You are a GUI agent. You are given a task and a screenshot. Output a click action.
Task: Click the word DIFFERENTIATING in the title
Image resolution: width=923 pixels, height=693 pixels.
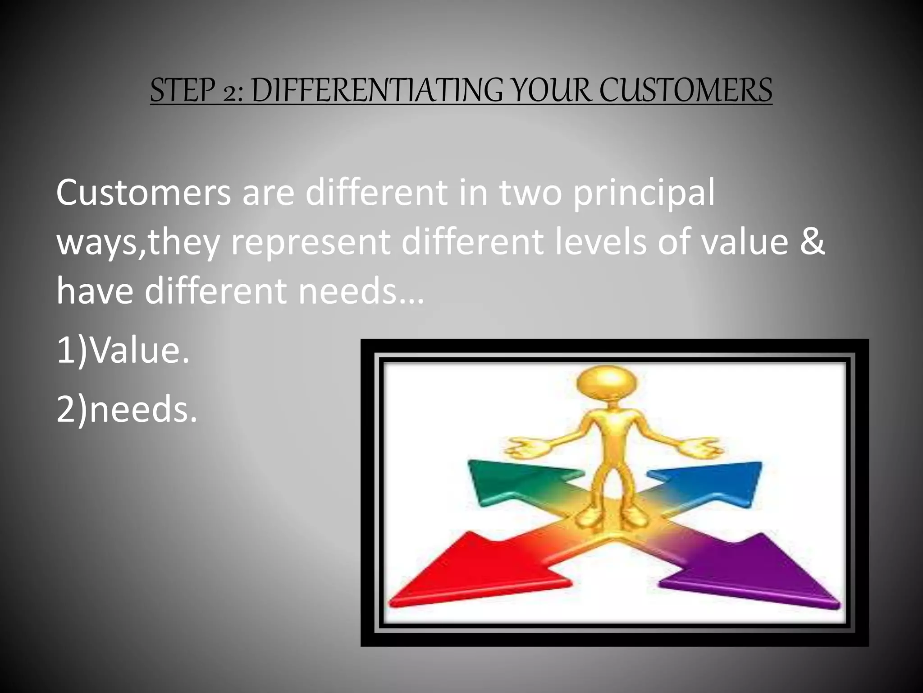tap(376, 90)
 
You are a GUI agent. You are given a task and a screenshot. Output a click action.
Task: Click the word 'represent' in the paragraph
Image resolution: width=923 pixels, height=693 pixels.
tap(311, 242)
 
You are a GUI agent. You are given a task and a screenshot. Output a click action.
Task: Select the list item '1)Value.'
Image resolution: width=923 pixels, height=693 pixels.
tap(123, 350)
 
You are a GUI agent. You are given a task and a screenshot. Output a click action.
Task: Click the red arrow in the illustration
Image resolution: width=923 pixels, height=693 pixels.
tap(473, 573)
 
